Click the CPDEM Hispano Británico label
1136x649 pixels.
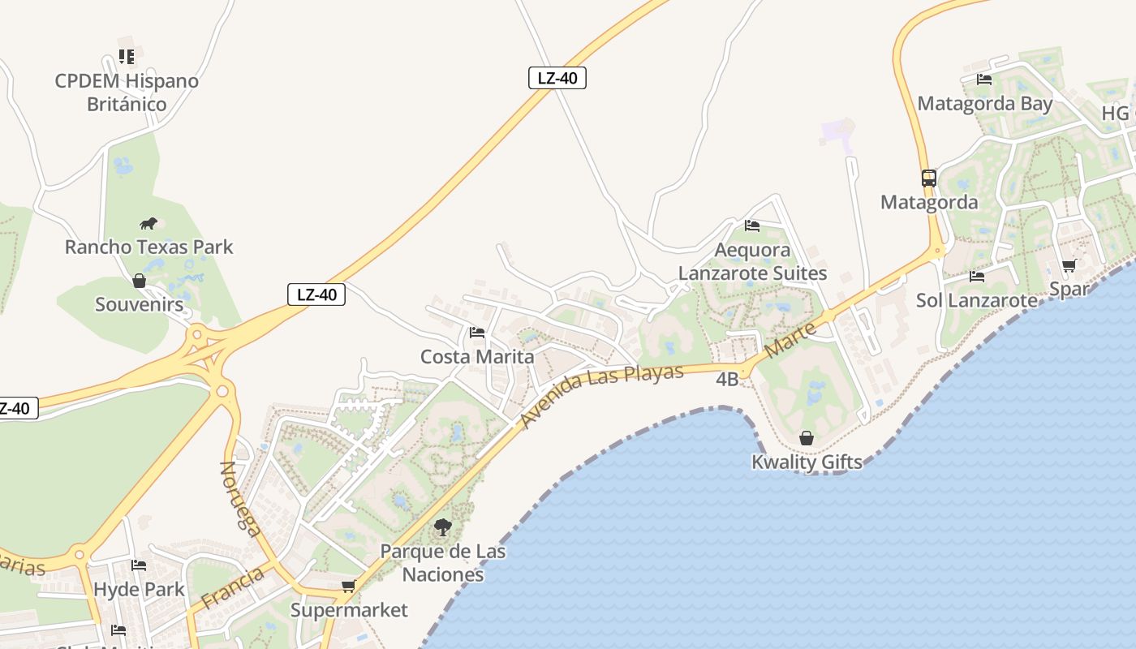(x=127, y=92)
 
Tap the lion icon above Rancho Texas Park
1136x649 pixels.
(x=148, y=223)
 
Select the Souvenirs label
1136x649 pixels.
(x=140, y=304)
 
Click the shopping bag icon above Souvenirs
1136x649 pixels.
(x=140, y=281)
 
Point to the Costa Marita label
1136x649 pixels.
(x=477, y=357)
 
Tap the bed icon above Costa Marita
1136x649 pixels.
(x=477, y=333)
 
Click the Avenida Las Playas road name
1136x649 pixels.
(x=602, y=395)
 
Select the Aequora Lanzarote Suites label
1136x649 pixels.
(x=752, y=261)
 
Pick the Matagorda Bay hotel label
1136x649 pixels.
(x=984, y=104)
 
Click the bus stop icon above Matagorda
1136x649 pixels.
(x=929, y=178)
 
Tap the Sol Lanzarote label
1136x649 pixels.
(x=976, y=300)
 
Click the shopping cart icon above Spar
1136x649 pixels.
(x=1069, y=265)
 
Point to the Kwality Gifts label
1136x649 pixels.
(x=807, y=462)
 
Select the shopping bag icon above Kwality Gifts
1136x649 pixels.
(x=807, y=438)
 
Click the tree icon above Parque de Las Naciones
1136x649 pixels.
(x=442, y=527)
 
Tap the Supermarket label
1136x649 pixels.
(x=349, y=610)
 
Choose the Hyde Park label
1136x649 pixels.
(x=140, y=589)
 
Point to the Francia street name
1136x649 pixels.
(x=232, y=589)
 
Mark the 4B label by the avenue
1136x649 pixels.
(x=727, y=379)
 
